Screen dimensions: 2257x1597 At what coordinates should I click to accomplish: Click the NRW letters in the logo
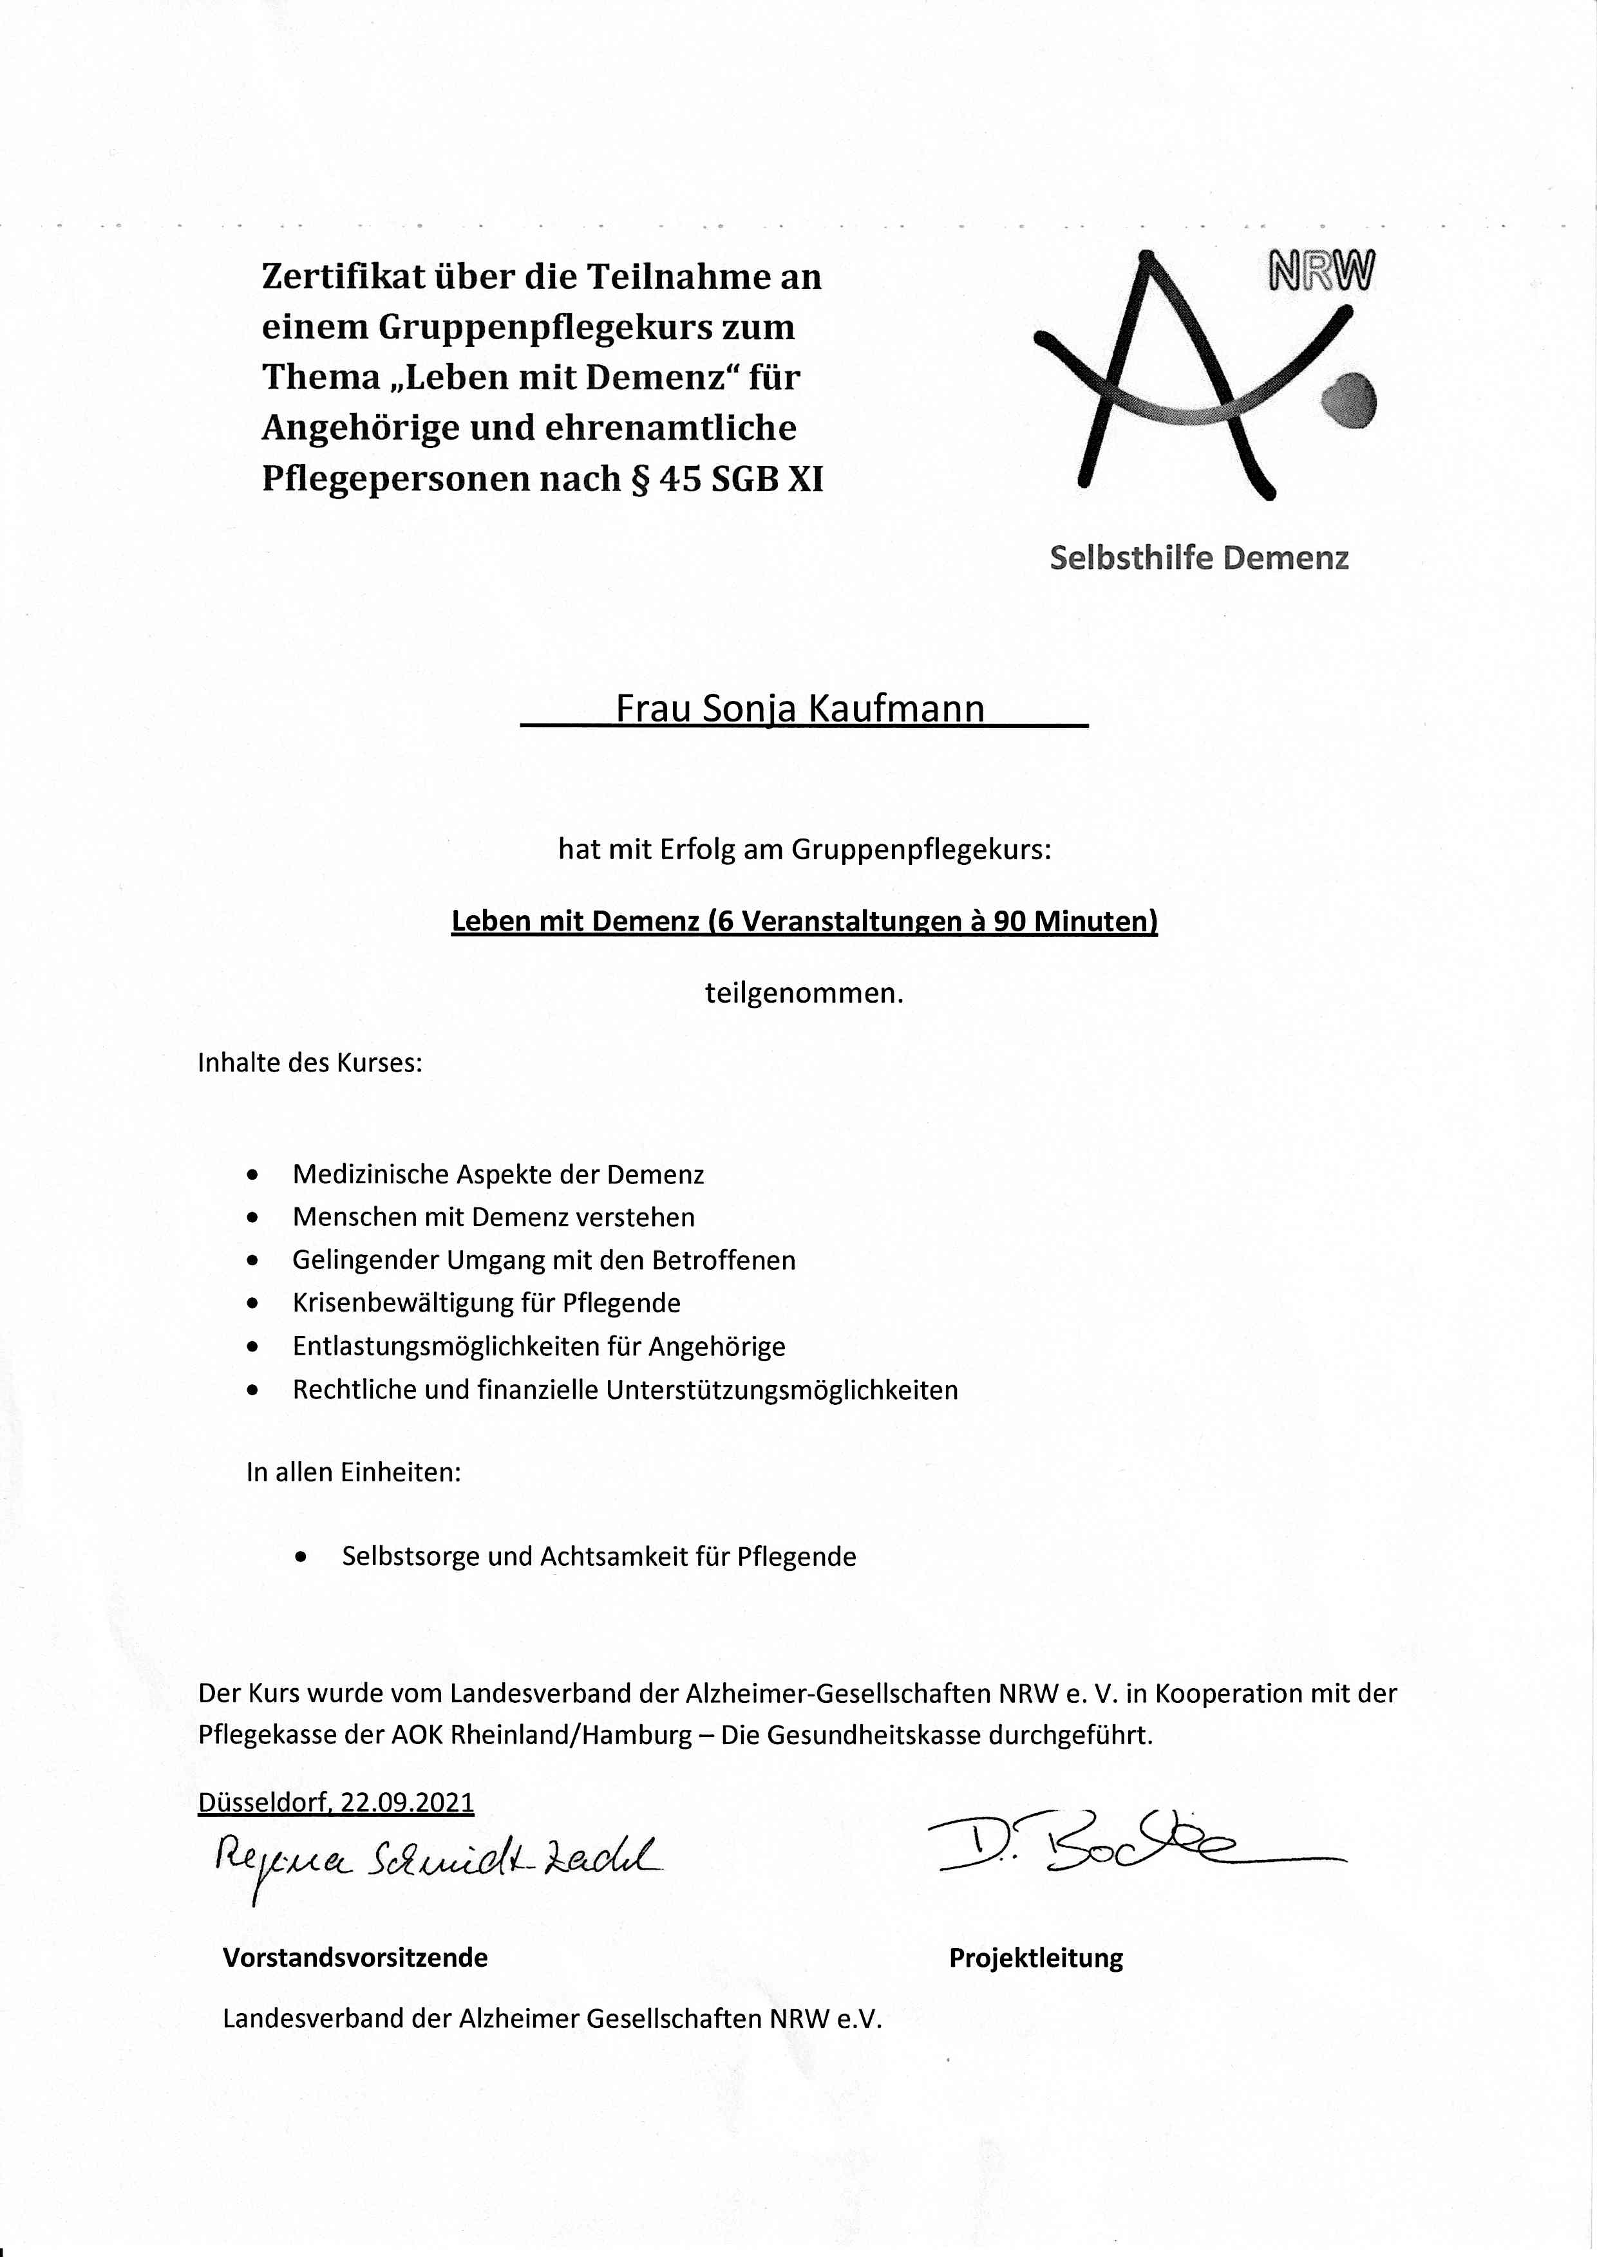click(x=1321, y=272)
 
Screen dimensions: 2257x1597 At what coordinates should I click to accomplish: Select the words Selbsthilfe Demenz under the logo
click(x=1199, y=559)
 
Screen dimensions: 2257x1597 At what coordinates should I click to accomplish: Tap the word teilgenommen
click(x=804, y=993)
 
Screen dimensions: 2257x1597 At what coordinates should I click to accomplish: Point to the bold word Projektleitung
click(x=1035, y=1958)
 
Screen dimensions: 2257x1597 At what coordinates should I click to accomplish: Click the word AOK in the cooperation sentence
click(x=417, y=1735)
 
